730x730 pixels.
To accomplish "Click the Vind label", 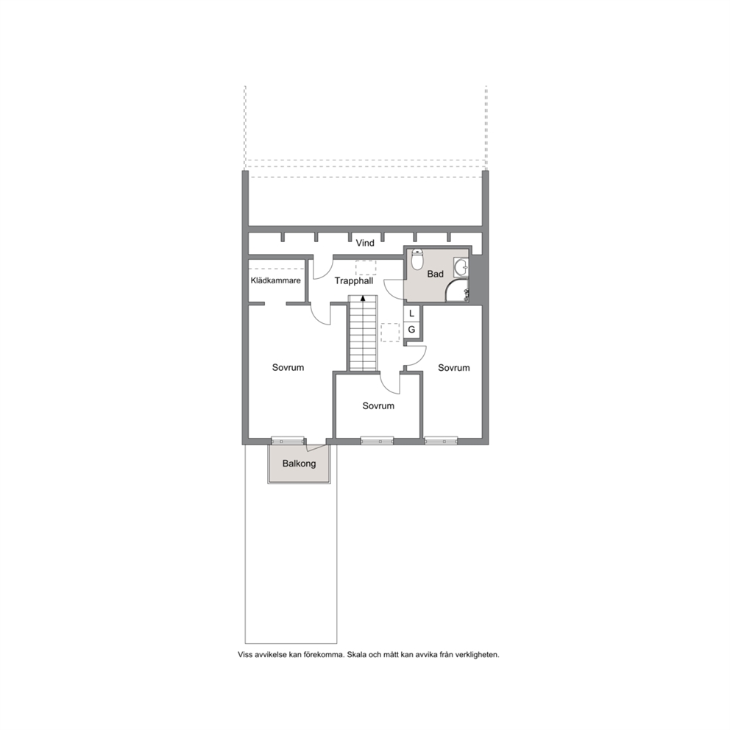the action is [x=365, y=243].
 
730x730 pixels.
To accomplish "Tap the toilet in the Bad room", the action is [x=417, y=260].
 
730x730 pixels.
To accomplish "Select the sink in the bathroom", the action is [x=461, y=268].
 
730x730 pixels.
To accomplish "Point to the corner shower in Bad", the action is [x=457, y=291].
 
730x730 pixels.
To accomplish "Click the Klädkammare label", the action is [x=276, y=280].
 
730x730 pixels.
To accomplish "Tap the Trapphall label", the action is [x=354, y=281].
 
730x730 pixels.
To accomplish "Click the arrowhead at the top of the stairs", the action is [x=363, y=297].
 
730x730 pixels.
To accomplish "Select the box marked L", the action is [x=411, y=313].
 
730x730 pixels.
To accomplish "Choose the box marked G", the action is [x=411, y=330].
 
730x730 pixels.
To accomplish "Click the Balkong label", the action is [x=299, y=464].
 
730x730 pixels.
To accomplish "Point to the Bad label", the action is [x=436, y=274].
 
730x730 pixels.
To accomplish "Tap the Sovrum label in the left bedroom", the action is [x=288, y=367].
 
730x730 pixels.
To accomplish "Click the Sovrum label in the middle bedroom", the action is [x=378, y=406].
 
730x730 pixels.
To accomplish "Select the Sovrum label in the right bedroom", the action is [x=454, y=368].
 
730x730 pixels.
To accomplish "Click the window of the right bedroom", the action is [x=441, y=440].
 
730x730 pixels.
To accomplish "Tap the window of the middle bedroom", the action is [x=377, y=440].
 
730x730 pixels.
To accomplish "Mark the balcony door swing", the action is [x=316, y=447].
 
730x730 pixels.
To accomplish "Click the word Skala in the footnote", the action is [x=358, y=655].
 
